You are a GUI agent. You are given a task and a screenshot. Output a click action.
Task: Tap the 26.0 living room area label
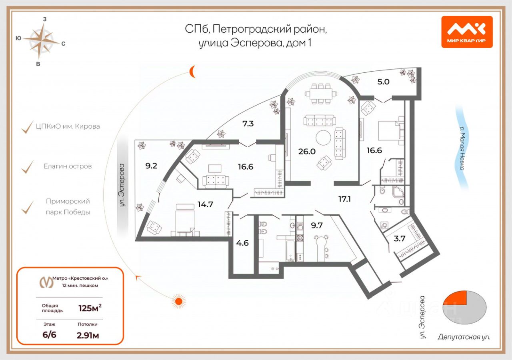pos(307,151)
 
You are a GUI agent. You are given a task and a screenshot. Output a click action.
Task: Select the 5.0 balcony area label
pos(383,82)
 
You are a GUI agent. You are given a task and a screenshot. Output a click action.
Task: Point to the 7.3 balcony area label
pos(248,124)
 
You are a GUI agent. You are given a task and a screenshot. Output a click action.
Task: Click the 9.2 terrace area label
pos(151,166)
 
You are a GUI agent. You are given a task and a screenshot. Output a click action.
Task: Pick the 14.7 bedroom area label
pos(206,204)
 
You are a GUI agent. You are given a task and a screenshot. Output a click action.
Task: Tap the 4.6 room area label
pos(242,243)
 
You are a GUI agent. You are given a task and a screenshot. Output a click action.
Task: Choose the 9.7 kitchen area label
pos(317,225)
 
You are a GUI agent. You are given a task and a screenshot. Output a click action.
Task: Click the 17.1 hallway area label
pos(344,199)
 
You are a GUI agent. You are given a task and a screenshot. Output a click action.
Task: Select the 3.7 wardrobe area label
pos(400,239)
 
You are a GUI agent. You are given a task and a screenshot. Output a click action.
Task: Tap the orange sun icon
pos(178,302)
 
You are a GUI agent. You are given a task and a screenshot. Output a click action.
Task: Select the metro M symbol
pos(46,282)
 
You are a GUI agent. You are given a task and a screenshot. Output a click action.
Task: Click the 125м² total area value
pos(90,308)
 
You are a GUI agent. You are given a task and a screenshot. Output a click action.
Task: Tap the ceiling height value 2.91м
pos(88,336)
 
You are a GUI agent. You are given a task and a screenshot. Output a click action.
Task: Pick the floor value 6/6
pos(49,335)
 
